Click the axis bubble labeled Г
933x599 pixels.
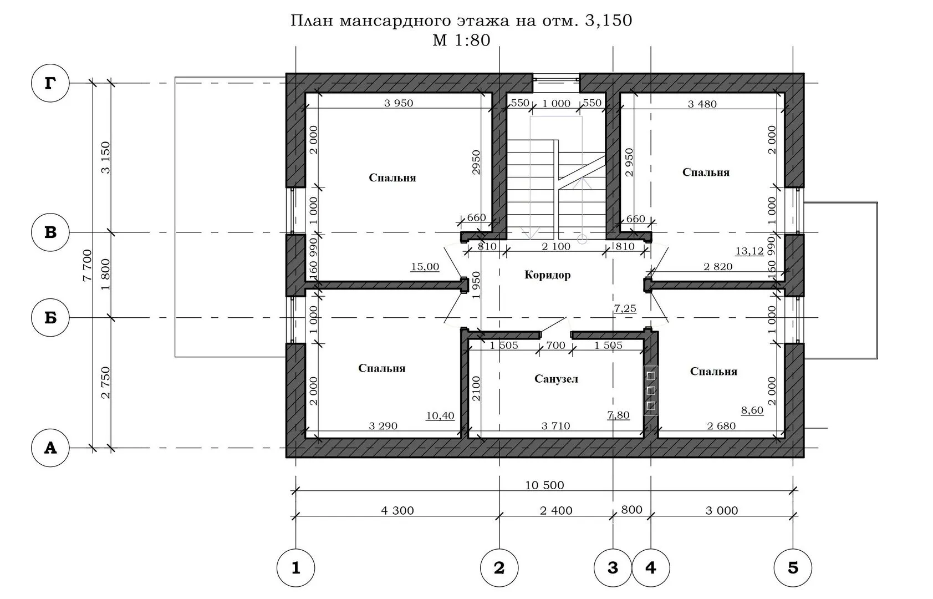coord(50,83)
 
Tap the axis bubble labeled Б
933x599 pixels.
coord(50,318)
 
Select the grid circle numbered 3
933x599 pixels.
coord(613,568)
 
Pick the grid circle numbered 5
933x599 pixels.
coord(793,568)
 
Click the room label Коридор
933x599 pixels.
coord(547,275)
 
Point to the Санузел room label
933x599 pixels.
coord(556,379)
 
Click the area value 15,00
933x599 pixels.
coord(425,267)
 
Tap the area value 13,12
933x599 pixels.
coord(750,251)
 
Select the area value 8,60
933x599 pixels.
coord(752,410)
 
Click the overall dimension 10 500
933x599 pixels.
coord(544,485)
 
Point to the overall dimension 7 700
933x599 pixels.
coord(87,266)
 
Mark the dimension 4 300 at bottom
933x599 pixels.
coord(397,511)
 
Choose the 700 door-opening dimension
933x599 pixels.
coord(555,345)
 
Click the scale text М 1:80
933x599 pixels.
coord(461,40)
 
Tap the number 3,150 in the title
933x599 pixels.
coord(609,21)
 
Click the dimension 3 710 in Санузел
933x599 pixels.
coord(555,426)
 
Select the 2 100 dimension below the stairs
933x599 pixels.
coord(556,246)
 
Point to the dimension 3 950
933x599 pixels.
coord(399,103)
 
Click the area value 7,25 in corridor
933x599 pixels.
coord(625,308)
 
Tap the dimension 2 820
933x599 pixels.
coord(718,267)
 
